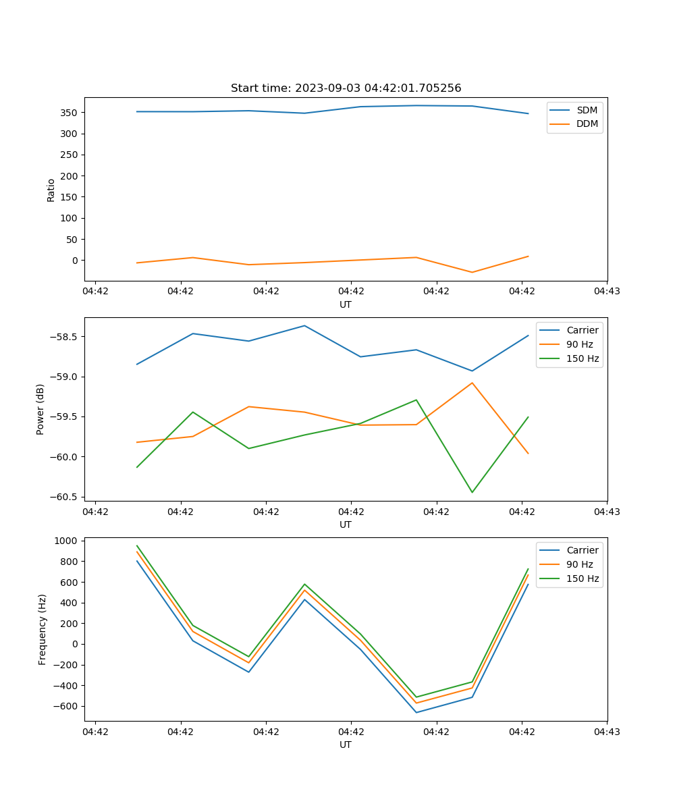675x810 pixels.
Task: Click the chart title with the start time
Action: [x=346, y=88]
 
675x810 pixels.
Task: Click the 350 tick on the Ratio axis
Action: [x=71, y=112]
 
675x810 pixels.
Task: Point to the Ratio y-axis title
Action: [x=51, y=190]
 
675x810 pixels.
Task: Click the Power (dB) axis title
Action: [x=40, y=409]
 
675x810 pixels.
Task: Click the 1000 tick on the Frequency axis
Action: [x=67, y=541]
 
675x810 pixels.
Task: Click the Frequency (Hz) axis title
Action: [x=42, y=629]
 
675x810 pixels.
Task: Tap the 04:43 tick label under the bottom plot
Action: [x=607, y=731]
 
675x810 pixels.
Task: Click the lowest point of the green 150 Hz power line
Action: [x=472, y=492]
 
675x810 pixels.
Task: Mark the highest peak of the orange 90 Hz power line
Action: [x=472, y=383]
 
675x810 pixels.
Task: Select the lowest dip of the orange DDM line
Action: [x=472, y=272]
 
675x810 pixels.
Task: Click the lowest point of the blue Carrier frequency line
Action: [x=416, y=712]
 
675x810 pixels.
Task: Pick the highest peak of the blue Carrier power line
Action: [x=304, y=325]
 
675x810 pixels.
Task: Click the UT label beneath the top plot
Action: [x=346, y=304]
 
